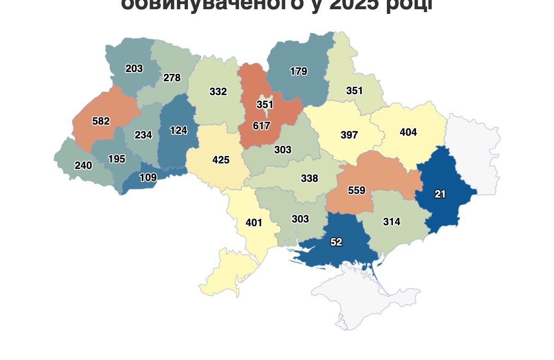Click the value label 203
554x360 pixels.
(x=134, y=69)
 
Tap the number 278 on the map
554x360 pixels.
(x=172, y=78)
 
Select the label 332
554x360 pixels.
(x=218, y=92)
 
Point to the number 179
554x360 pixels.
(x=299, y=72)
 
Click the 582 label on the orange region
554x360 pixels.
(x=101, y=121)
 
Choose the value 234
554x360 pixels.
(x=143, y=135)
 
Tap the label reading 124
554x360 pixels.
(x=178, y=131)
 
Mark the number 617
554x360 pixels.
(x=261, y=126)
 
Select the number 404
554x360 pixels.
(x=408, y=132)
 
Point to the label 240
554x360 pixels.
(x=83, y=165)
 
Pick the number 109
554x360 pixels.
(x=148, y=177)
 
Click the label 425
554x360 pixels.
(x=221, y=160)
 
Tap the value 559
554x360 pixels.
(x=356, y=190)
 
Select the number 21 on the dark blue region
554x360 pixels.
(x=440, y=194)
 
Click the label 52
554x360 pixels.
(x=337, y=242)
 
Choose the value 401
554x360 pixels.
(x=253, y=223)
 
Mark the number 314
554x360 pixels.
(x=391, y=222)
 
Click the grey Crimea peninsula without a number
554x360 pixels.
(x=365, y=295)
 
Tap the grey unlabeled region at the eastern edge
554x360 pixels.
(x=476, y=152)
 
